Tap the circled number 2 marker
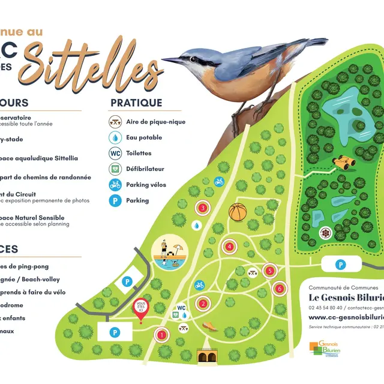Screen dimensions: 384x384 coord(203,304)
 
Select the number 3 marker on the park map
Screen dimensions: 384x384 coord(203,208)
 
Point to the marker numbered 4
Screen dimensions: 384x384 coord(229,247)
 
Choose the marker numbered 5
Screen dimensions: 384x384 coord(270,271)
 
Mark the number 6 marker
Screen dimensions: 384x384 coord(279,289)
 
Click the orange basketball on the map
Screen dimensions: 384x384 coord(238,212)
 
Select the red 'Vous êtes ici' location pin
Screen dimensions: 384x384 coord(141,308)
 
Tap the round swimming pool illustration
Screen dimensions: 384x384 coord(167,255)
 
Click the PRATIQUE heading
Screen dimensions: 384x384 coord(136,103)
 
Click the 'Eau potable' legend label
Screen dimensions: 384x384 coord(144,137)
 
